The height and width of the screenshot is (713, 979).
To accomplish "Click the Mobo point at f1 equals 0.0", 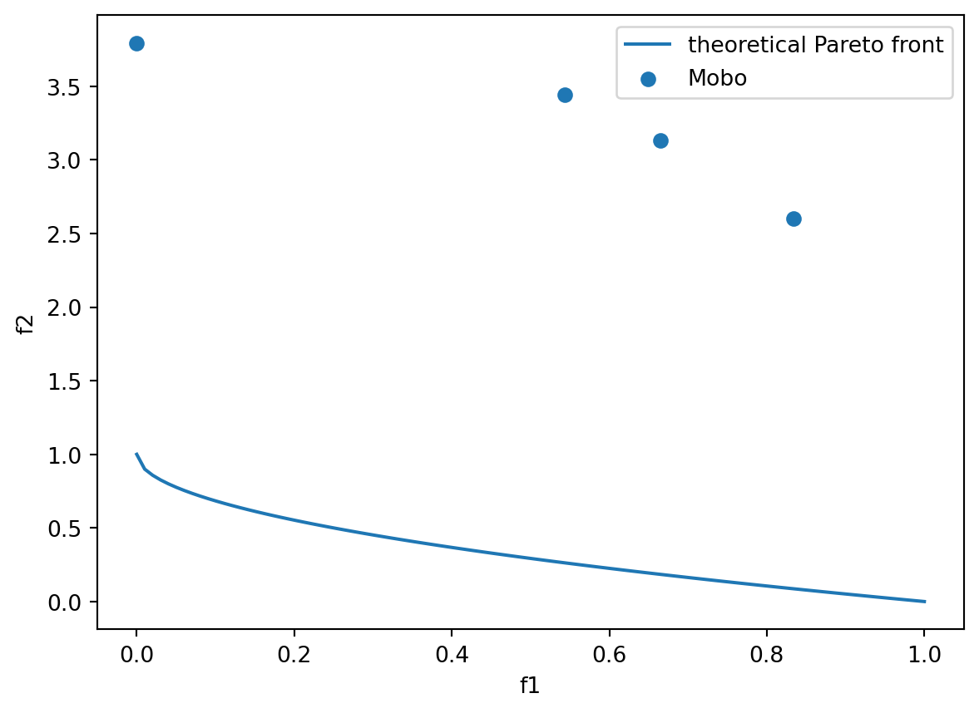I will point(136,43).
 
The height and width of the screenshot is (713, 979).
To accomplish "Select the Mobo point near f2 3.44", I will point(565,95).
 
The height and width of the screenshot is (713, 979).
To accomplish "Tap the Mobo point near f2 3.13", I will point(660,140).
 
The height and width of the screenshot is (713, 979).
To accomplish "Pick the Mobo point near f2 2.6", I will point(794,219).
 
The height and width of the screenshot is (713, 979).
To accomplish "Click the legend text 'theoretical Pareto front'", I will point(815,45).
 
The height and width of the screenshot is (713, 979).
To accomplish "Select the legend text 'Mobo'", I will point(717,78).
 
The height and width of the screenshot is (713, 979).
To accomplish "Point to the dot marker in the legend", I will point(648,78).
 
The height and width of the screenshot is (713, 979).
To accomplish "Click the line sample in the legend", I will point(648,45).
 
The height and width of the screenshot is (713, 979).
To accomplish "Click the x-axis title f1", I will point(530,686).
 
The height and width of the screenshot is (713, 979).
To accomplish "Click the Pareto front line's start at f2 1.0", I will point(136,454).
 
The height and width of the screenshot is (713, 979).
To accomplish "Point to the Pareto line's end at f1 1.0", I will point(924,601).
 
